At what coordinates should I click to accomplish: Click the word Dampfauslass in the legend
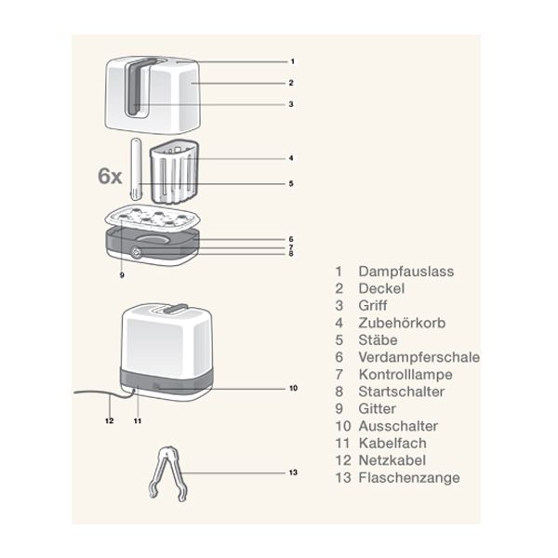(x=407, y=272)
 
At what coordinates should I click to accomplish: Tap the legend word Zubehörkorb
(x=401, y=323)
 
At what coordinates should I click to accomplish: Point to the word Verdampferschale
(x=419, y=357)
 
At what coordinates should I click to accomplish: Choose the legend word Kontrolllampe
(x=405, y=374)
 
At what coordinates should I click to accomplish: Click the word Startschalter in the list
(x=402, y=392)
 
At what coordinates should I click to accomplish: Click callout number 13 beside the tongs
(x=293, y=472)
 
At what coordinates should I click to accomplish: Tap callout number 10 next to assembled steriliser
(x=292, y=387)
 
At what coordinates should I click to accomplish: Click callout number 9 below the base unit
(x=122, y=275)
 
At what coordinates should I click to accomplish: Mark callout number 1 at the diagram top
(x=291, y=60)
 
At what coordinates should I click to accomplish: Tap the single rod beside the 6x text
(x=137, y=168)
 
